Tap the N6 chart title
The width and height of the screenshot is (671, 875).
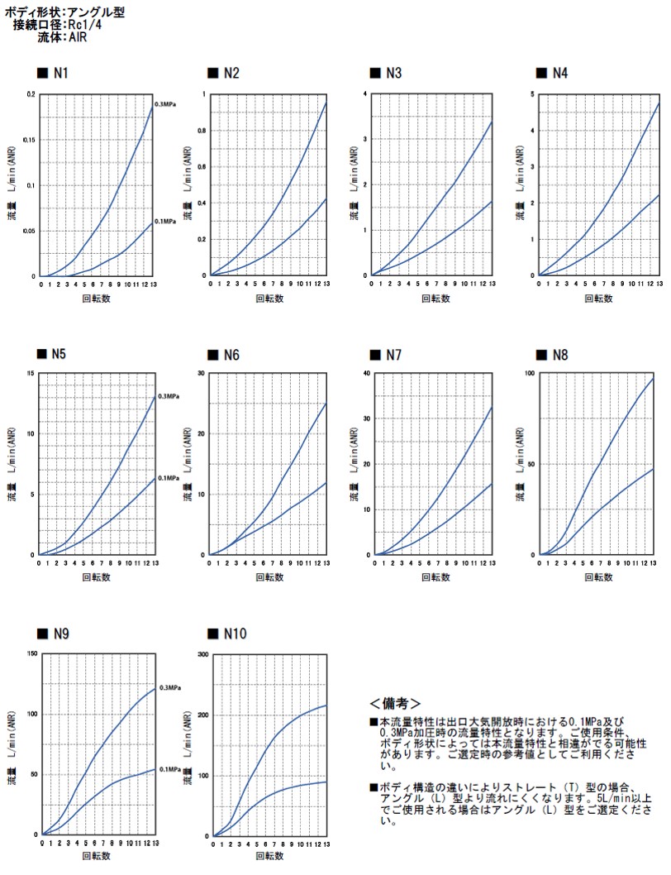coord(231,355)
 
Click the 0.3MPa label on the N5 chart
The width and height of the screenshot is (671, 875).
coord(169,397)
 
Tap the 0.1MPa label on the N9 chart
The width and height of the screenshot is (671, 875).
coord(169,769)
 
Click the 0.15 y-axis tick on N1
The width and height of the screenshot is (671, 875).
coord(31,140)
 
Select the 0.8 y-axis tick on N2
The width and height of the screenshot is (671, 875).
coord(202,130)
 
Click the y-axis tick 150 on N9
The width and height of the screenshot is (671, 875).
coord(32,653)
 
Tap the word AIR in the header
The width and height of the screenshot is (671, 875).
coord(79,37)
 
